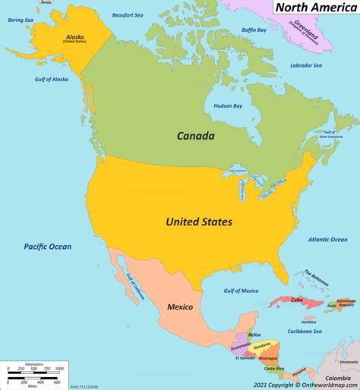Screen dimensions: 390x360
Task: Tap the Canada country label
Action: [195, 137]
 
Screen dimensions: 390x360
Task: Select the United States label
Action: [199, 222]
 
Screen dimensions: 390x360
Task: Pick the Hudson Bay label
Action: [228, 106]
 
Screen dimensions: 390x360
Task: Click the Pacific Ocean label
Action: [47, 247]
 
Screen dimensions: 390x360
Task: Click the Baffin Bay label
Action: [255, 30]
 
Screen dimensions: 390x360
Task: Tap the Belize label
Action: [255, 334]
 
